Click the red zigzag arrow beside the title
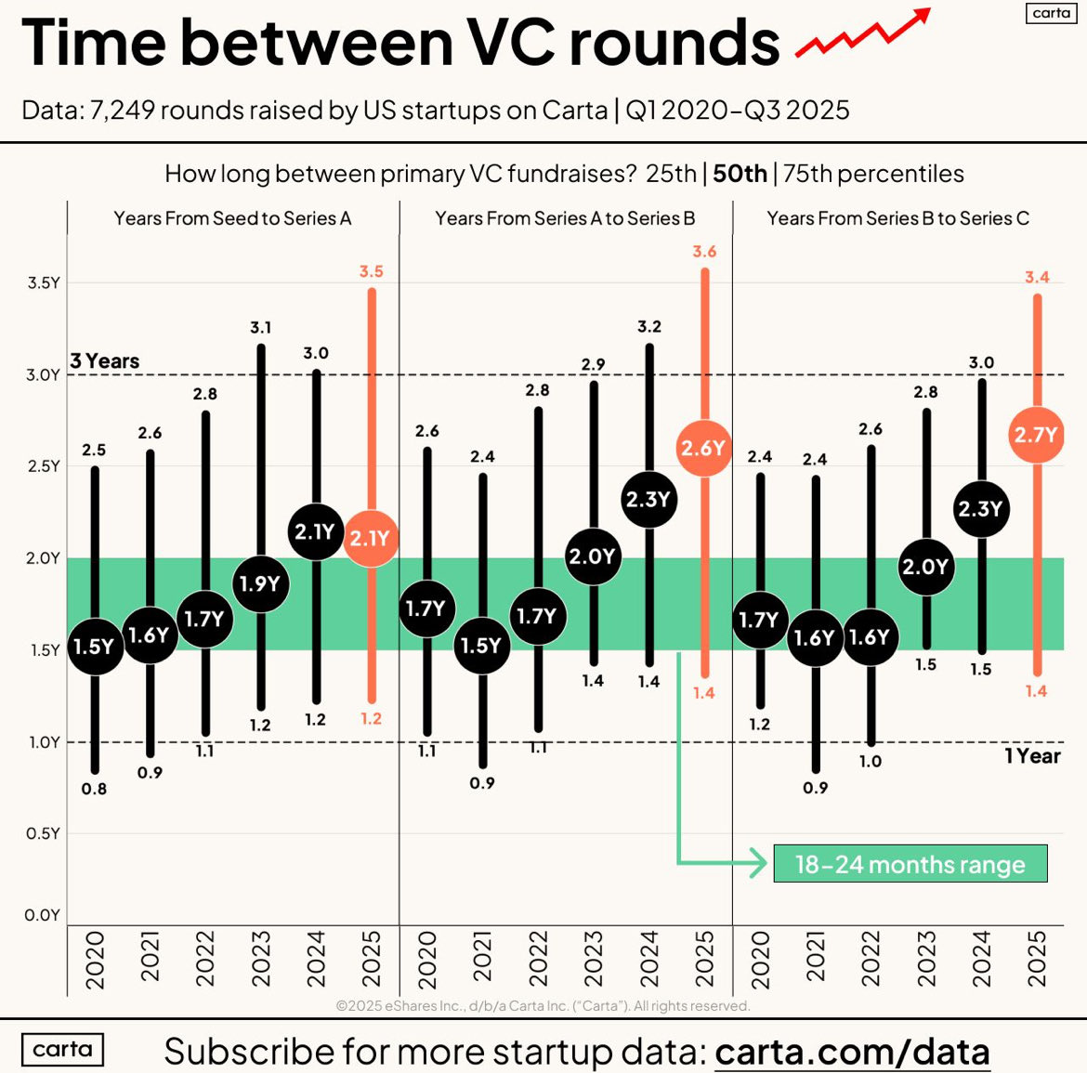pyautogui.click(x=862, y=34)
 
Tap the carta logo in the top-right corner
pyautogui.click(x=1052, y=13)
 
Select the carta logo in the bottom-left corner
pyautogui.click(x=62, y=1050)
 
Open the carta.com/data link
pyautogui.click(x=851, y=1052)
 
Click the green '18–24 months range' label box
pyautogui.click(x=910, y=864)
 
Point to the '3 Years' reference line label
pyautogui.click(x=105, y=361)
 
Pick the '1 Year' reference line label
pyautogui.click(x=1032, y=756)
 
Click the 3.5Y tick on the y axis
pyautogui.click(x=44, y=282)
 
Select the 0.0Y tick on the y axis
pyautogui.click(x=44, y=915)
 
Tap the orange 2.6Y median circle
pyautogui.click(x=703, y=449)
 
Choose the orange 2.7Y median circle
pyautogui.click(x=1036, y=435)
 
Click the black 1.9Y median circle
pyautogui.click(x=260, y=583)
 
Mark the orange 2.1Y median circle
pyautogui.click(x=371, y=538)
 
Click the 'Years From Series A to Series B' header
pyautogui.click(x=565, y=218)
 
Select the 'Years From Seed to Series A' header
pyautogui.click(x=232, y=218)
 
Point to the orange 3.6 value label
pyautogui.click(x=704, y=252)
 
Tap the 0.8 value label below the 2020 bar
pyautogui.click(x=94, y=789)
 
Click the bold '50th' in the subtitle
pyautogui.click(x=740, y=174)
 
